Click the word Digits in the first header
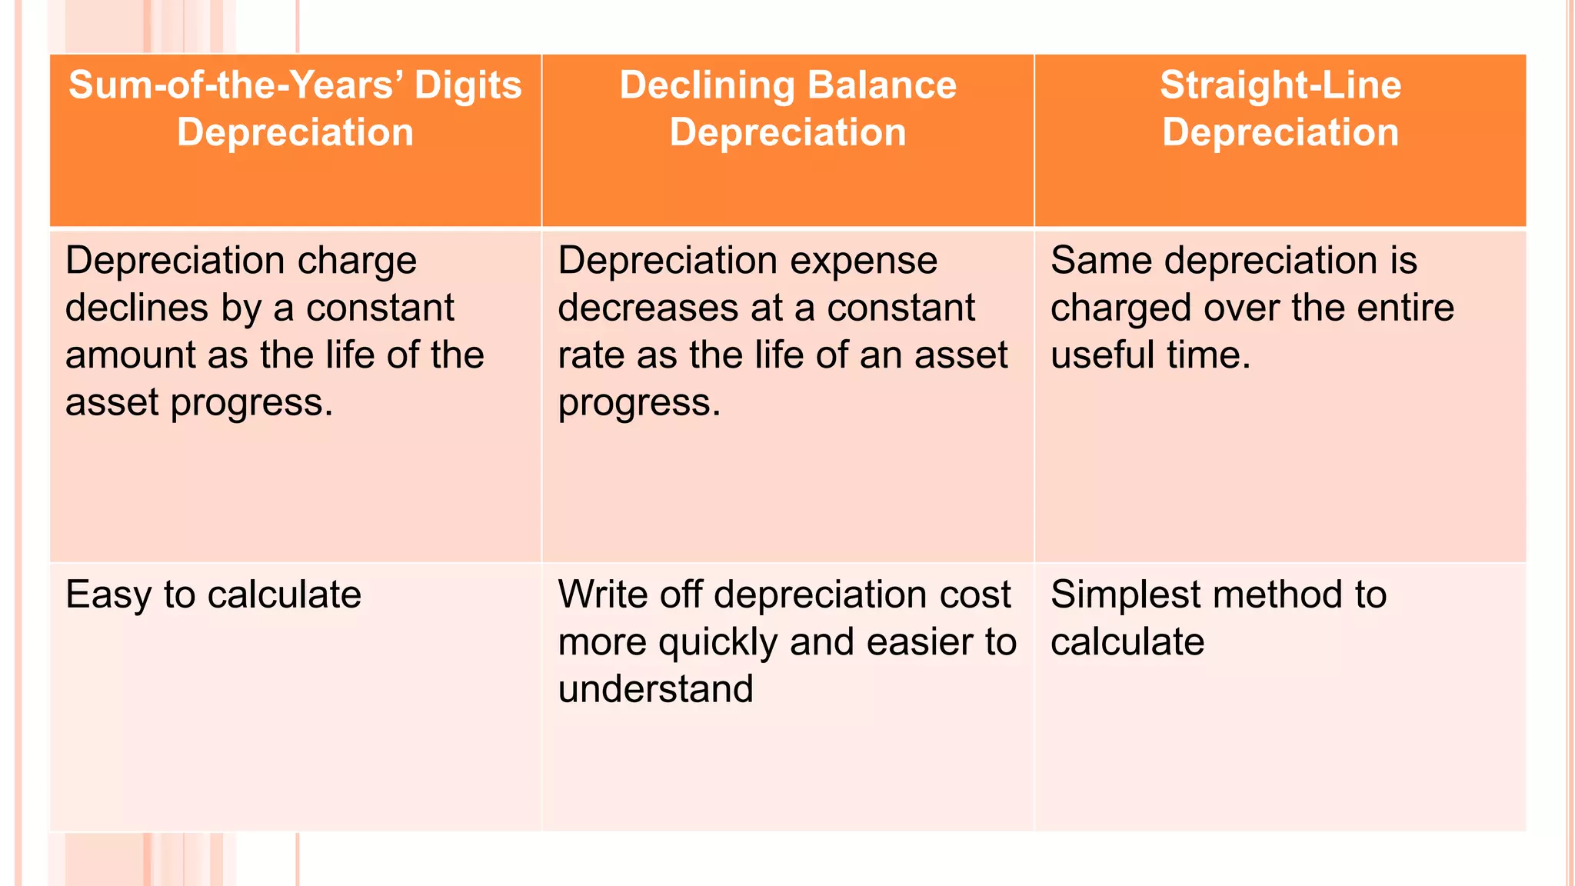pyautogui.click(x=468, y=85)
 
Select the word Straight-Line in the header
pyautogui.click(x=1280, y=85)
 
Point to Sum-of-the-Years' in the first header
pyautogui.click(x=235, y=85)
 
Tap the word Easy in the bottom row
pyautogui.click(x=108, y=595)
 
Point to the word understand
pyautogui.click(x=655, y=688)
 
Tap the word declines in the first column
pyautogui.click(x=136, y=308)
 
